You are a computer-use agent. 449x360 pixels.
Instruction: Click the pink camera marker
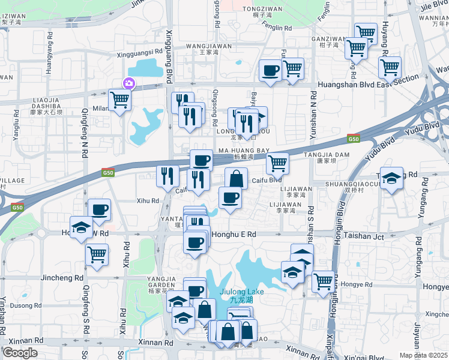(128, 83)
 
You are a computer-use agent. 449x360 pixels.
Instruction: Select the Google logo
(20, 353)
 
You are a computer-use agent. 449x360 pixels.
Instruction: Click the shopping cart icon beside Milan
(119, 100)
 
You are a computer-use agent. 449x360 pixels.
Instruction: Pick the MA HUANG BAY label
(243, 151)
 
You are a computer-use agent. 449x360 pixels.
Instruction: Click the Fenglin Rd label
(277, 28)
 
